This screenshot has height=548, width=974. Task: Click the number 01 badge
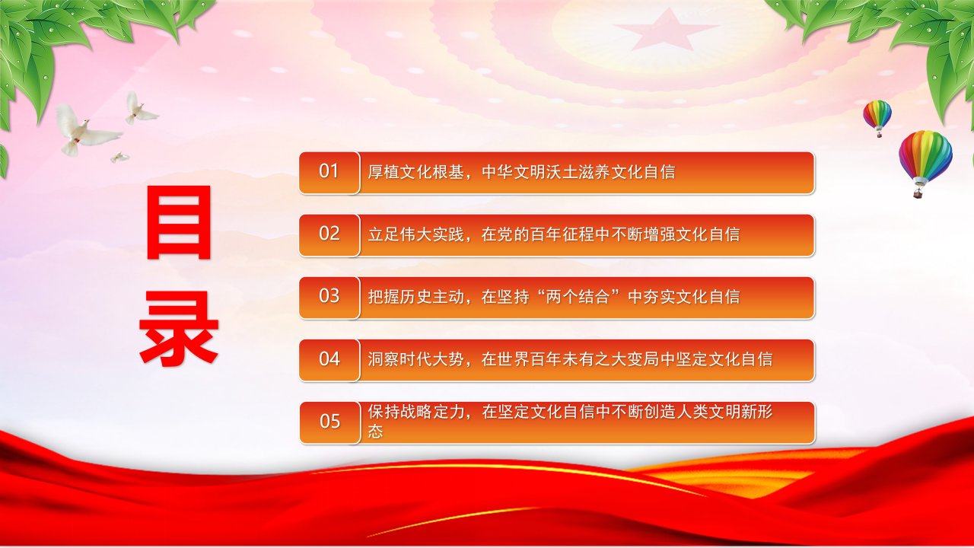329,173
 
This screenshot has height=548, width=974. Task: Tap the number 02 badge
329,235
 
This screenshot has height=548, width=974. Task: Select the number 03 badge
329,298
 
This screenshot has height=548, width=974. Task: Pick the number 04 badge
329,360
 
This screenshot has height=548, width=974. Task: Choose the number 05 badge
329,422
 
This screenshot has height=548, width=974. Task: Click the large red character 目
179,222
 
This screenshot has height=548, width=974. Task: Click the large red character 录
179,328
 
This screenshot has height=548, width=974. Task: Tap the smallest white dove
119,157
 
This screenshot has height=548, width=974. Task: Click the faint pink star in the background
665,30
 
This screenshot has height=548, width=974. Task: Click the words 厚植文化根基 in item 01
415,172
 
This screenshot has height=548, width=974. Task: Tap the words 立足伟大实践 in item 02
415,235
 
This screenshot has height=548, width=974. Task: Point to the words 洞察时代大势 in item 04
415,360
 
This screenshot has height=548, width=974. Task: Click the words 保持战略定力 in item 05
415,412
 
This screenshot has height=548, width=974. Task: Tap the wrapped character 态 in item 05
375,431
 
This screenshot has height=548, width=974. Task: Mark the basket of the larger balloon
918,193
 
